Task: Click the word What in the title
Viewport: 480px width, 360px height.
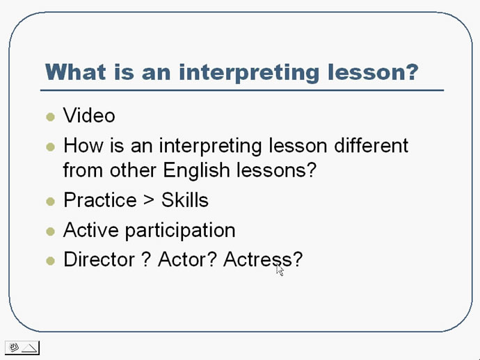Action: click(76, 72)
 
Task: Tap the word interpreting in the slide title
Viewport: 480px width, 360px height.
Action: click(249, 73)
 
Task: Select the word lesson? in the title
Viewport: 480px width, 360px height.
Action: click(373, 72)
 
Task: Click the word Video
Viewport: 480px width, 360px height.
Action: click(89, 115)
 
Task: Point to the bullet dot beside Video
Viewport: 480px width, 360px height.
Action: click(51, 117)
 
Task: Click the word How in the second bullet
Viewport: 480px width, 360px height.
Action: click(83, 145)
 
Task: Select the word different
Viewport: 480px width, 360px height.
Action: click(371, 145)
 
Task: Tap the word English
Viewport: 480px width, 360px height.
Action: click(196, 170)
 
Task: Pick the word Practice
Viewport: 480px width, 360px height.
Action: click(99, 199)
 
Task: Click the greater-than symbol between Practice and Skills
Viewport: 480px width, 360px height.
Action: click(149, 200)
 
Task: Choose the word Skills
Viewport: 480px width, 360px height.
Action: click(185, 199)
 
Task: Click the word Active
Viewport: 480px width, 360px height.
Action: click(91, 230)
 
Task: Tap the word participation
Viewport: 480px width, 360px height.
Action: click(180, 231)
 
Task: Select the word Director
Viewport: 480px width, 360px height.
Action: click(99, 259)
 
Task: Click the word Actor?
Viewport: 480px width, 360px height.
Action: click(187, 259)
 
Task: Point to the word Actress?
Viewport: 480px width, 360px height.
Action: click(263, 259)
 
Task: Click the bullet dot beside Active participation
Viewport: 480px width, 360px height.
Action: click(51, 231)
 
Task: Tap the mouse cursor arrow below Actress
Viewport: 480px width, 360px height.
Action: click(280, 270)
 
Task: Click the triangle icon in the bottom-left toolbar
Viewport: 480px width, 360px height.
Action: click(30, 348)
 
